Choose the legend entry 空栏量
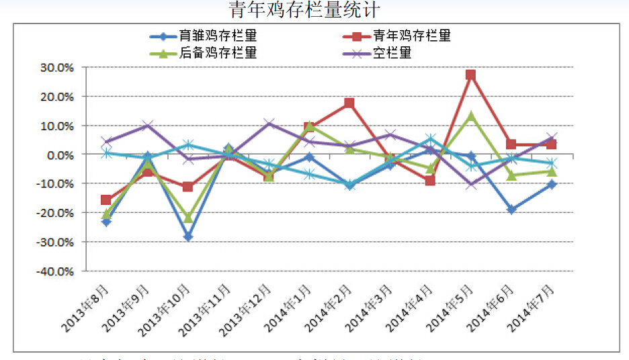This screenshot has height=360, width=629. coord(392,53)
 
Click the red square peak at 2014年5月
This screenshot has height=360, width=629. coord(471,75)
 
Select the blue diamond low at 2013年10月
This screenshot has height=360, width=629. coord(188,237)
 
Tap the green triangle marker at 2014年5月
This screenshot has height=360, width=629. coord(471,116)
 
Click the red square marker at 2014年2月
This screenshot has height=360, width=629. coord(349,103)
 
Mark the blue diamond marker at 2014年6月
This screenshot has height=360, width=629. coord(511,210)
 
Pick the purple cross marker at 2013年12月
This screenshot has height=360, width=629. coord(269,124)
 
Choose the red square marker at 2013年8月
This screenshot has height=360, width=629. coord(106,199)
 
